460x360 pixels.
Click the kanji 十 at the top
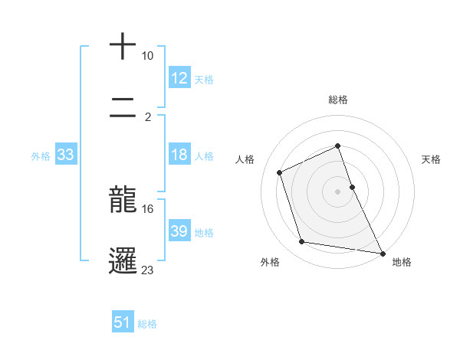[123, 46]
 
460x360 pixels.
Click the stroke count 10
[148, 56]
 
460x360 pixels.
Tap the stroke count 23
[148, 270]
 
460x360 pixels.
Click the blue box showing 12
[179, 78]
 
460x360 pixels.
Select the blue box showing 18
[179, 155]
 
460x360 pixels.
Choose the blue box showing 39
[179, 231]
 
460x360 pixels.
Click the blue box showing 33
[65, 155]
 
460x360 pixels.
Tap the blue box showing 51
[123, 322]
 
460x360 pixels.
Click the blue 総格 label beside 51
[147, 324]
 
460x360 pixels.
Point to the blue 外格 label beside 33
[41, 156]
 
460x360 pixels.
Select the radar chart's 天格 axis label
[431, 159]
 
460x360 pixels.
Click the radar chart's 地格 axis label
[402, 262]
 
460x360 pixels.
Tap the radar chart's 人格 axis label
[245, 159]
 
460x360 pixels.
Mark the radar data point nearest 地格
[382, 252]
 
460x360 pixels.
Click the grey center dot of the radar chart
[337, 191]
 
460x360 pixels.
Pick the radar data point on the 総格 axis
[337, 146]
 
